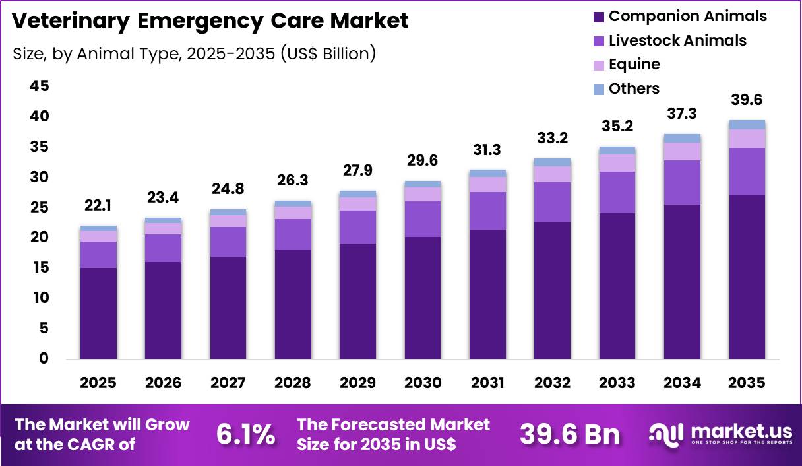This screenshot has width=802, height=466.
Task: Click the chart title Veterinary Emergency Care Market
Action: pos(210,20)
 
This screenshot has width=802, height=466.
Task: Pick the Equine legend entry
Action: pos(634,64)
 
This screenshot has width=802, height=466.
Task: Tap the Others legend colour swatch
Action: pos(599,89)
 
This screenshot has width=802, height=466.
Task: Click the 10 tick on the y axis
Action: pos(40,298)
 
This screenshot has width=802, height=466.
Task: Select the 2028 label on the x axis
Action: pos(293,383)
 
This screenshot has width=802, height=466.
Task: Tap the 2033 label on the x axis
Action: pos(617,383)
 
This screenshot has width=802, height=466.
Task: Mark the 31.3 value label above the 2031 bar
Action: pos(487,150)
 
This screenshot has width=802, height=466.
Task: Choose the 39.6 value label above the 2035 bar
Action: pos(747,100)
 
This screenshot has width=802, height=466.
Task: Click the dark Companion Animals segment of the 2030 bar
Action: pos(423,297)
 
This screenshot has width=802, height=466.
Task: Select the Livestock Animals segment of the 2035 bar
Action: pos(747,171)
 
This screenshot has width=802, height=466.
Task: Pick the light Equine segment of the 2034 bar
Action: pos(682,151)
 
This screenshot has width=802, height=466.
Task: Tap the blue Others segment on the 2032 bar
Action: pos(552,162)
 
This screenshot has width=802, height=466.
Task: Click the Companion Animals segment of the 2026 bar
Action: pos(164,310)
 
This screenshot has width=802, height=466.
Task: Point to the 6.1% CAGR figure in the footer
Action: pos(246,434)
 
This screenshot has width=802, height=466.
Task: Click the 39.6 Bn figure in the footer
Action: pos(570,434)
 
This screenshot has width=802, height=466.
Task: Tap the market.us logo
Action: pos(720,434)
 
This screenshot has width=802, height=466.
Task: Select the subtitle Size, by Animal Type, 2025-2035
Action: pos(194,53)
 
